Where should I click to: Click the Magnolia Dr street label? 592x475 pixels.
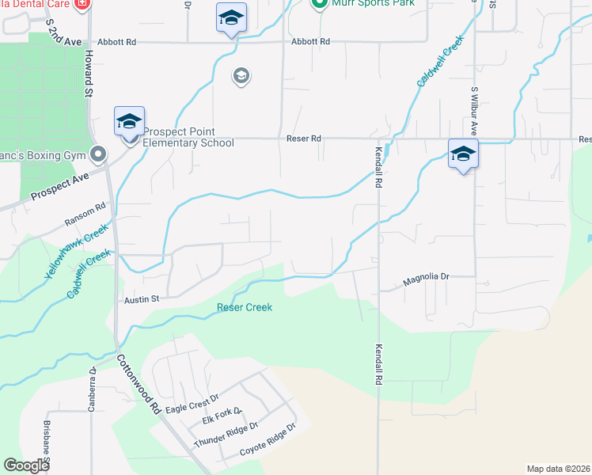click(x=426, y=278)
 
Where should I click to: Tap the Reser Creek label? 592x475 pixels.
click(x=245, y=307)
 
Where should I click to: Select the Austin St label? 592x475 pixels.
click(x=142, y=299)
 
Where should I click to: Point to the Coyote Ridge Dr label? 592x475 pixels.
click(x=267, y=439)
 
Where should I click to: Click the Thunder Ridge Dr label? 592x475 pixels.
click(x=226, y=434)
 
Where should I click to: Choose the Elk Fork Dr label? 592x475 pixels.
click(x=222, y=416)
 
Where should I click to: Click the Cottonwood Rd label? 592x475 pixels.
click(x=139, y=385)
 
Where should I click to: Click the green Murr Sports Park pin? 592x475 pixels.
click(x=319, y=5)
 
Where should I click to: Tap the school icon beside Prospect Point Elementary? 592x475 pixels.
click(x=129, y=123)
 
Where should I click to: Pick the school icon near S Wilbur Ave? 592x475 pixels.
click(x=463, y=154)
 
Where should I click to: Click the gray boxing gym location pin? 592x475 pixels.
click(x=99, y=153)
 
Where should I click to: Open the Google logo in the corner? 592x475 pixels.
click(x=27, y=465)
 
